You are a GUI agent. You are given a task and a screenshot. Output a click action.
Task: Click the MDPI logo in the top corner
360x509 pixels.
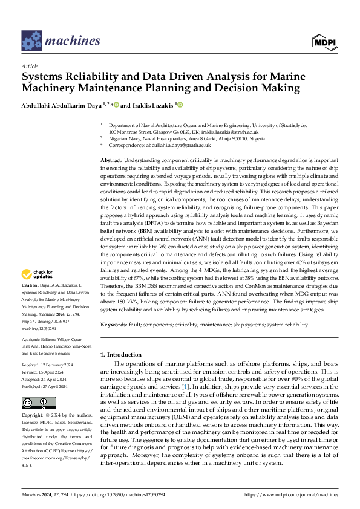coord(324,41)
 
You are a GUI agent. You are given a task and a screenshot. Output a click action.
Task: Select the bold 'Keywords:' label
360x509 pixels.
coord(114,325)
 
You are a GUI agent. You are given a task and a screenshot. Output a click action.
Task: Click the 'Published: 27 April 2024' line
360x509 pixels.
coord(45,369)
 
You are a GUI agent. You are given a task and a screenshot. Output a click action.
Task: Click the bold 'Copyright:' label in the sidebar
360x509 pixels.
coord(32,400)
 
